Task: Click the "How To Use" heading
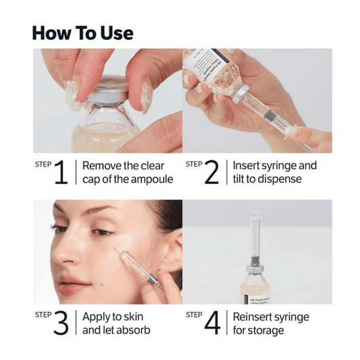click(x=83, y=33)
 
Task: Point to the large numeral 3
click(x=61, y=324)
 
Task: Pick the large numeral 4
click(x=212, y=324)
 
